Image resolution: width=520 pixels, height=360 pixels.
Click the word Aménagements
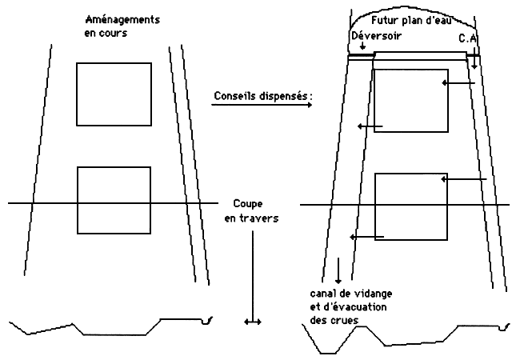[122, 20]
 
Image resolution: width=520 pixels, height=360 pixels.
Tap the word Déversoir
[377, 35]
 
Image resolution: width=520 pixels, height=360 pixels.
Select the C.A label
[468, 38]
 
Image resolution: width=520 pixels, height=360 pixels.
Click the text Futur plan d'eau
[411, 21]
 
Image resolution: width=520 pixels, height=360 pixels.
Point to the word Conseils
[234, 96]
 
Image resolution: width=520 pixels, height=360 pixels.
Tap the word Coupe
[248, 204]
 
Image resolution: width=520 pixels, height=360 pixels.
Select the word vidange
[374, 294]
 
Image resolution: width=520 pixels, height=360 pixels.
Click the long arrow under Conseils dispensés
[262, 105]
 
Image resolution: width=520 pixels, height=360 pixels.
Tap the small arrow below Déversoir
[363, 46]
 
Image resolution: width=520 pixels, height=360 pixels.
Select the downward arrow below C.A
[474, 58]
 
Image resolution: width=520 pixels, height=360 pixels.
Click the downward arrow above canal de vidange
[338, 270]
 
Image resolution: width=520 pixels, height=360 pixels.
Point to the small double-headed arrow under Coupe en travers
[253, 322]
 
